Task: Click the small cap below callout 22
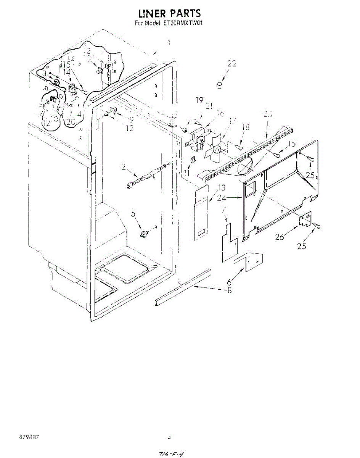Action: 220,85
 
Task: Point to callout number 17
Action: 232,121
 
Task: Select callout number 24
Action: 231,198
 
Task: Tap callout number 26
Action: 280,237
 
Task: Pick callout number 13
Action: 222,188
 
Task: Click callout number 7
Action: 223,209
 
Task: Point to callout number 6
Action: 229,282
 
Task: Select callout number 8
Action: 229,290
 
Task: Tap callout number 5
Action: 133,214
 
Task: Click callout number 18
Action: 246,127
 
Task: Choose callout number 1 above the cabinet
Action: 169,43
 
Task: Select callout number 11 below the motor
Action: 186,173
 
